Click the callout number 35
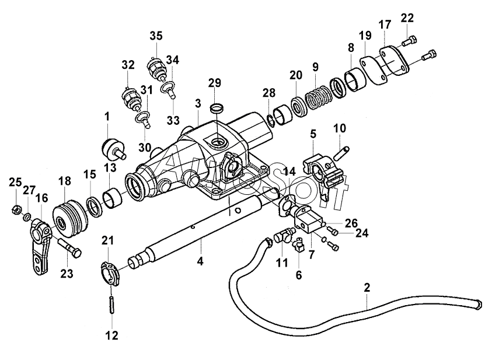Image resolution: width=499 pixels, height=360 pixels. coord(156,36)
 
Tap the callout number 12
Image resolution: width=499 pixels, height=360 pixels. coord(111,335)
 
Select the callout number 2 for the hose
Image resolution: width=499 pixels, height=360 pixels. coord(367,288)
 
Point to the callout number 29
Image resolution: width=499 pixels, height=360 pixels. coord(215,83)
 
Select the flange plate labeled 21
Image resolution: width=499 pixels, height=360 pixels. coord(110,271)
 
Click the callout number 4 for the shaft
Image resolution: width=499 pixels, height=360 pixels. coord(200,262)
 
